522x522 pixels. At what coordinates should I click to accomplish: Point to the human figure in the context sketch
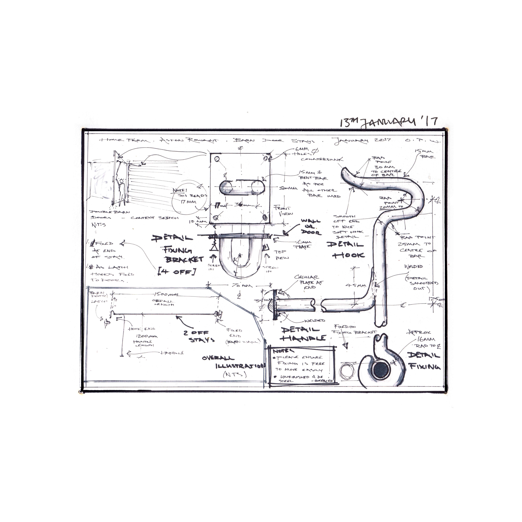(121, 190)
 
